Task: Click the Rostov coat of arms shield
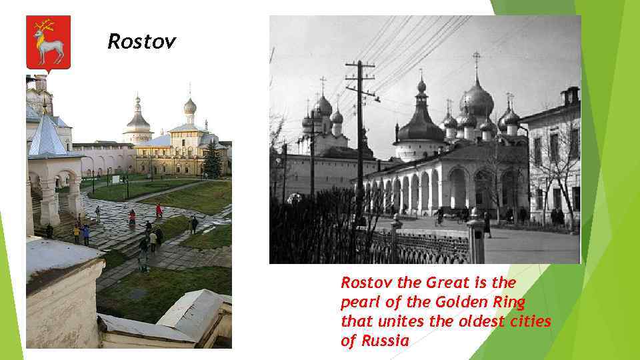(49, 43)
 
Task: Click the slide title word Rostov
(142, 43)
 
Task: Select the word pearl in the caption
(359, 301)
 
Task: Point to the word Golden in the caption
(461, 301)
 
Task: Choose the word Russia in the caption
(385, 341)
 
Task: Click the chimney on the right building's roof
(571, 96)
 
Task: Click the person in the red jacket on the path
(159, 211)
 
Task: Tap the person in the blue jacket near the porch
(85, 234)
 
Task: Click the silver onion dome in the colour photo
(190, 107)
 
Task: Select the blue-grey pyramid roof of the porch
(48, 137)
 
